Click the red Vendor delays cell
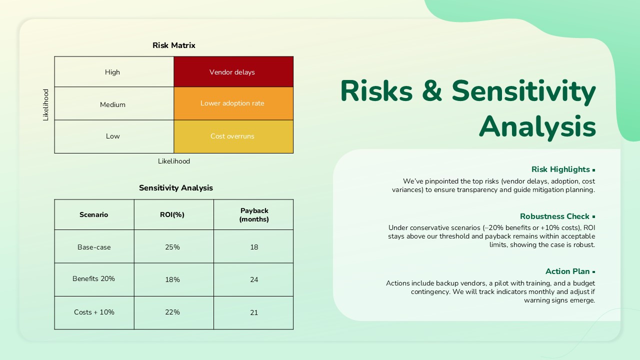coord(233,72)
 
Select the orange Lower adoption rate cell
coord(233,103)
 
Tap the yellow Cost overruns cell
coord(233,136)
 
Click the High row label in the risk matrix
coord(112,72)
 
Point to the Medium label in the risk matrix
coord(112,104)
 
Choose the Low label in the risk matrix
coord(112,136)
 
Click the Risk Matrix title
coord(173,45)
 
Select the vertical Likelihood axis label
coord(46,105)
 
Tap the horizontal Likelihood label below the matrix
coord(174,161)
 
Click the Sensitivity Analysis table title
coord(175,188)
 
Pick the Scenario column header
coord(93,214)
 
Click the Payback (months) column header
coord(254,215)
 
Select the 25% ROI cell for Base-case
coord(172,247)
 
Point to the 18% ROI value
coord(172,279)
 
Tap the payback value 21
coord(254,312)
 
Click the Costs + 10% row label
coord(94,312)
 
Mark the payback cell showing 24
coord(254,279)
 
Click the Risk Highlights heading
coord(560,169)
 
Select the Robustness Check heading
coord(554,216)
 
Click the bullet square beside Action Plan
coord(593,272)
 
